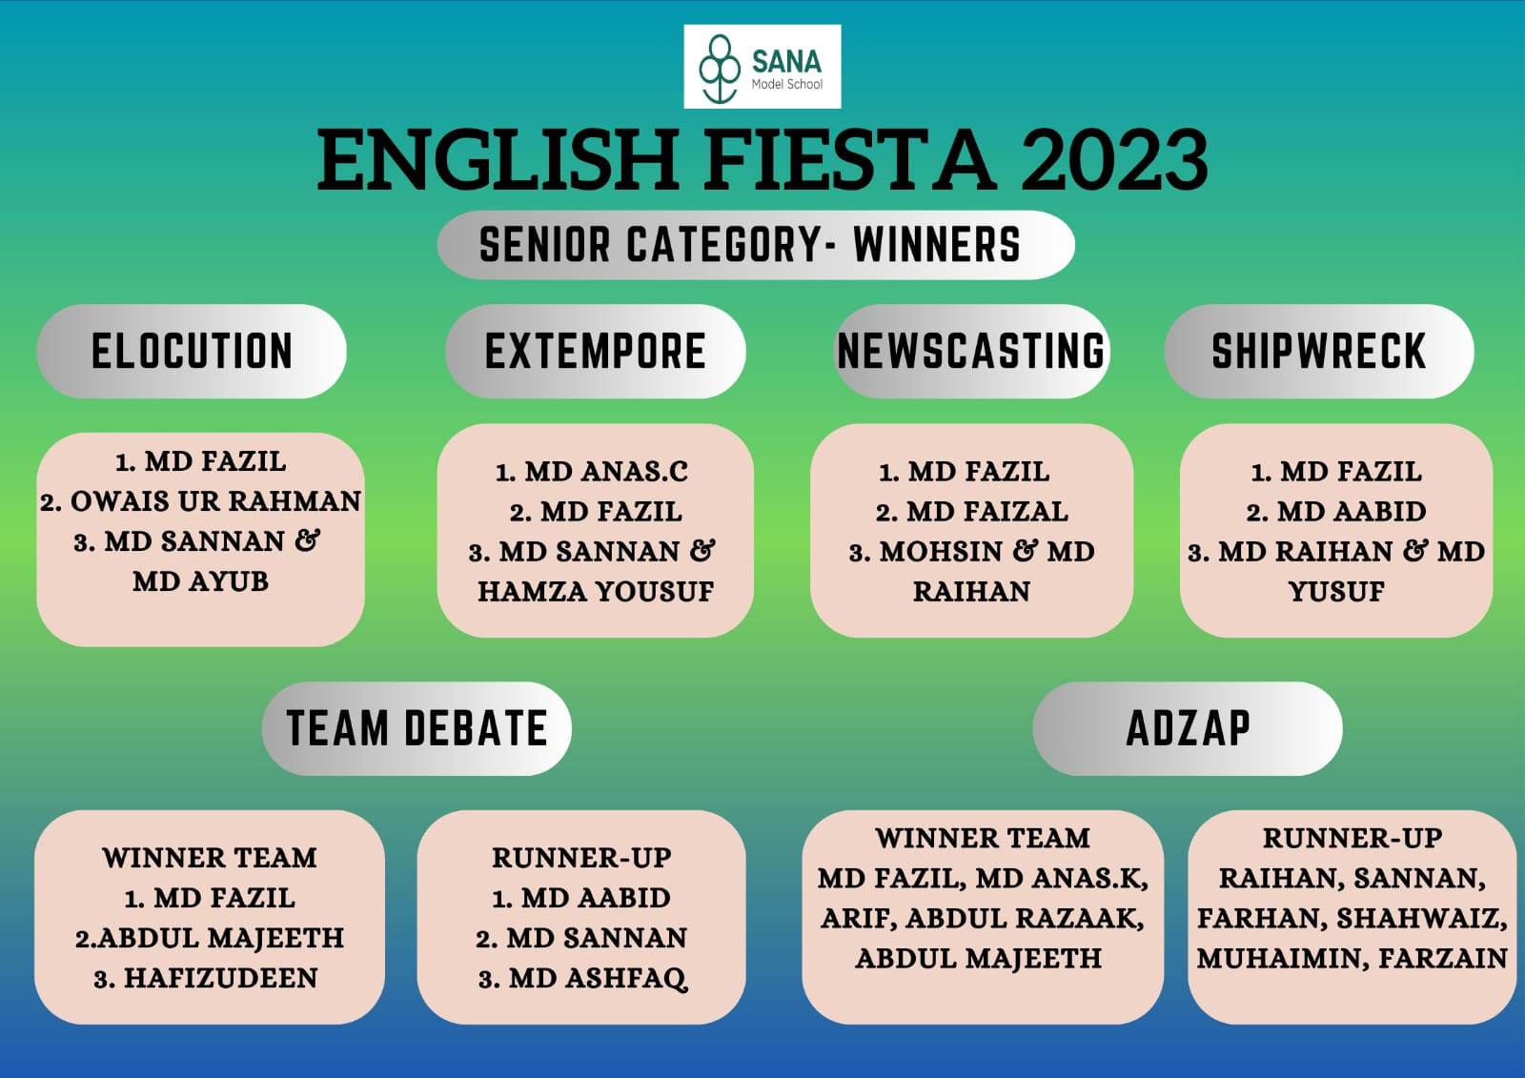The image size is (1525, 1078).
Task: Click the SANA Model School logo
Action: pyautogui.click(x=762, y=67)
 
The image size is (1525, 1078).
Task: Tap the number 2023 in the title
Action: pyautogui.click(x=1114, y=161)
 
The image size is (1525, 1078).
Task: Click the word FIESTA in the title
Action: pyautogui.click(x=848, y=161)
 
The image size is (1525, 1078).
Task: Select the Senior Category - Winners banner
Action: pyautogui.click(x=756, y=245)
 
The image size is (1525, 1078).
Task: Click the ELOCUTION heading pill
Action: pyautogui.click(x=192, y=352)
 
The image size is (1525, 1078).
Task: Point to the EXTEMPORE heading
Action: pyautogui.click(x=596, y=352)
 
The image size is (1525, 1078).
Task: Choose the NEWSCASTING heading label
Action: pyautogui.click(x=971, y=352)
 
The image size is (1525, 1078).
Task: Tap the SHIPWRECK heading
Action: pyautogui.click(x=1319, y=352)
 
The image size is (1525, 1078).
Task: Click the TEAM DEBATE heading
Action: pyautogui.click(x=417, y=728)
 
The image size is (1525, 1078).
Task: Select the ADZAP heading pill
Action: pyautogui.click(x=1188, y=728)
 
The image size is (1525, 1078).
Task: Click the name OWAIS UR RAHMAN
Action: pyautogui.click(x=215, y=502)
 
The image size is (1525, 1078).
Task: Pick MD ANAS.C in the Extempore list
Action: pyautogui.click(x=606, y=472)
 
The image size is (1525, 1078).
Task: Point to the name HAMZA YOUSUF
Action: pyautogui.click(x=597, y=592)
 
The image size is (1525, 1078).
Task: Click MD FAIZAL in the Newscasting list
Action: pyautogui.click(x=987, y=512)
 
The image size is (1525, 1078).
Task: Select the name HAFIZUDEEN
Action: pyautogui.click(x=220, y=979)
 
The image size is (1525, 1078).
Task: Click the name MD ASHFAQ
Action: pyautogui.click(x=598, y=979)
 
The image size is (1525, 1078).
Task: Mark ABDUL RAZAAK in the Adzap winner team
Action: pyautogui.click(x=1024, y=919)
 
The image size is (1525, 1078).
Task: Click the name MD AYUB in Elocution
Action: pyautogui.click(x=201, y=581)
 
